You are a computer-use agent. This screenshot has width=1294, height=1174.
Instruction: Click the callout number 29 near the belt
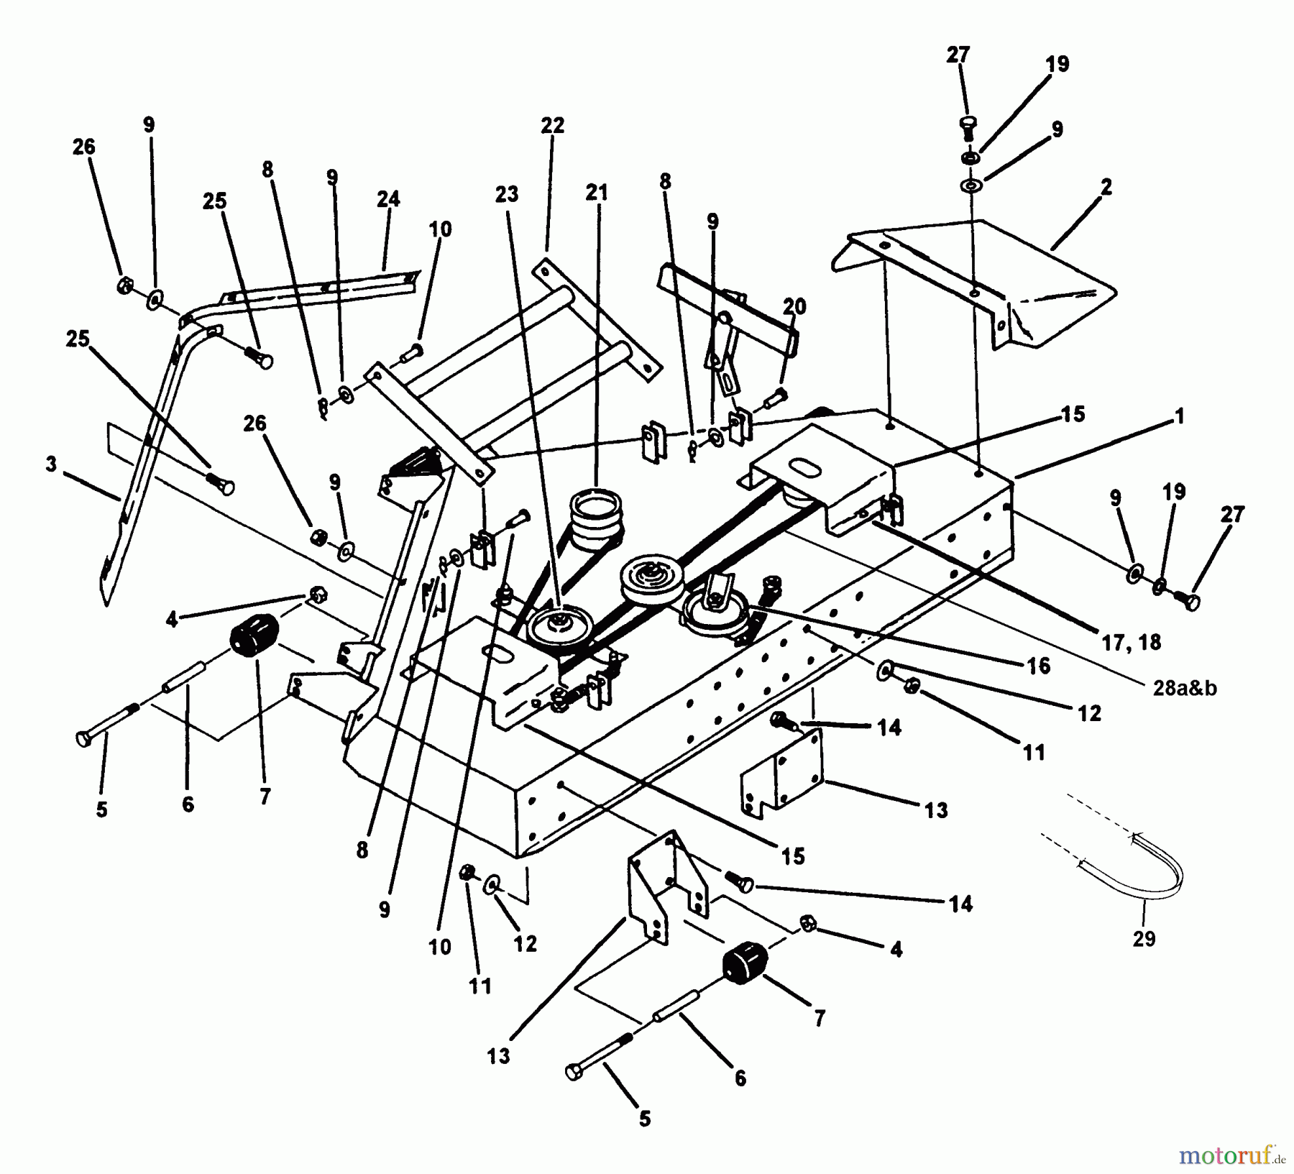coord(1144,939)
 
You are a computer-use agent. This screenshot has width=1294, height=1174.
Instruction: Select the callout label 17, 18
coord(1131,642)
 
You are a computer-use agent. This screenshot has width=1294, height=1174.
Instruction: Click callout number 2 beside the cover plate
coord(1106,187)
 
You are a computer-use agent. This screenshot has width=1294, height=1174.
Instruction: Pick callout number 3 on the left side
coord(50,464)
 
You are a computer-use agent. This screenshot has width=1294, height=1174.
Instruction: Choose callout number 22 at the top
coord(552,125)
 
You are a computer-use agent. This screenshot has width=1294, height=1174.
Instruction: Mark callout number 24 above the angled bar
coord(388,198)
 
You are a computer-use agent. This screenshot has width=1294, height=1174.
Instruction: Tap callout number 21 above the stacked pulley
coord(597,193)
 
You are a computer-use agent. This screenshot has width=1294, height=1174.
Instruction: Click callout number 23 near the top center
coord(507,194)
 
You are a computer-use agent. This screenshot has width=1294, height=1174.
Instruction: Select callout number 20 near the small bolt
coord(794,306)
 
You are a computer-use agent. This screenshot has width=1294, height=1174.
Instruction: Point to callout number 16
coord(1040,666)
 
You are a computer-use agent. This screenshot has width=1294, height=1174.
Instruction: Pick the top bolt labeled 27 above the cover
coord(967,127)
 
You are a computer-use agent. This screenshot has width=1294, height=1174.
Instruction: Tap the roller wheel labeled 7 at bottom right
coord(742,962)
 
